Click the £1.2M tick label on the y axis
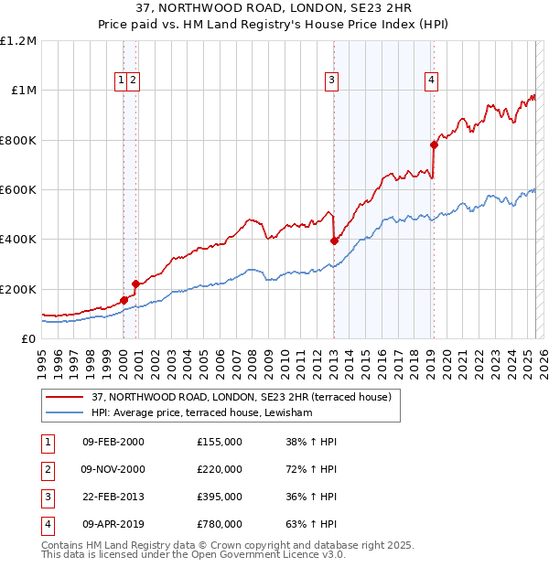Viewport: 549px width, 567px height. pyautogui.click(x=18, y=41)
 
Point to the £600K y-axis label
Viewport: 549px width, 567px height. pyautogui.click(x=18, y=190)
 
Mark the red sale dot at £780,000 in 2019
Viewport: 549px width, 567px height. pyautogui.click(x=435, y=144)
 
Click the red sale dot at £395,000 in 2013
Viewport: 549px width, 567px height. pyautogui.click(x=335, y=241)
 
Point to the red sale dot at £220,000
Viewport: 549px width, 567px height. pyautogui.click(x=135, y=283)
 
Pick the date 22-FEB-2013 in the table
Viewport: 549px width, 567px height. pyautogui.click(x=113, y=497)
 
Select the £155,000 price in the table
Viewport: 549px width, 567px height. pyautogui.click(x=220, y=442)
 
